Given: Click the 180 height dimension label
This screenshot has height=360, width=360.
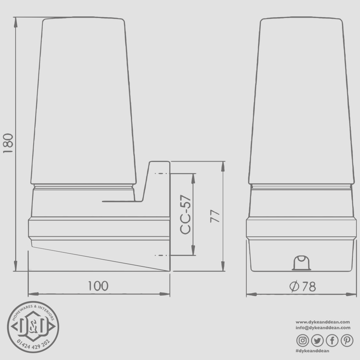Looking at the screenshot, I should point(8,144).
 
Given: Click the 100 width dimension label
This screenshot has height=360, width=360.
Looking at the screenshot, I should point(98,286).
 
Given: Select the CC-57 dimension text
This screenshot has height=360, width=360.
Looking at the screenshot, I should point(186,214).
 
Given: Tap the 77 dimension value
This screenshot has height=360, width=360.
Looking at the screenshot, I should point(215,216).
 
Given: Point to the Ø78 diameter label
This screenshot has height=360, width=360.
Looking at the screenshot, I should point(302,286).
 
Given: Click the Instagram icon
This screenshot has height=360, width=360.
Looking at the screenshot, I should point(303,340).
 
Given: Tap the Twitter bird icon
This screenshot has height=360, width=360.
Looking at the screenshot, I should point(317,340).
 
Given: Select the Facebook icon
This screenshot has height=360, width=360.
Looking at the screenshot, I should point(332,340).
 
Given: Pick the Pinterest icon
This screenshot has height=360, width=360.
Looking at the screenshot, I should point(347,340).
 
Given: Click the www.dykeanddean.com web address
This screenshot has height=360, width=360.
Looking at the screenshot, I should point(323,322).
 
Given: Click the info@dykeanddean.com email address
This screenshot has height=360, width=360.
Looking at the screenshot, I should point(323,327).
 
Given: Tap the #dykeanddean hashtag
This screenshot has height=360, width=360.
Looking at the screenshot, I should point(312,351).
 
